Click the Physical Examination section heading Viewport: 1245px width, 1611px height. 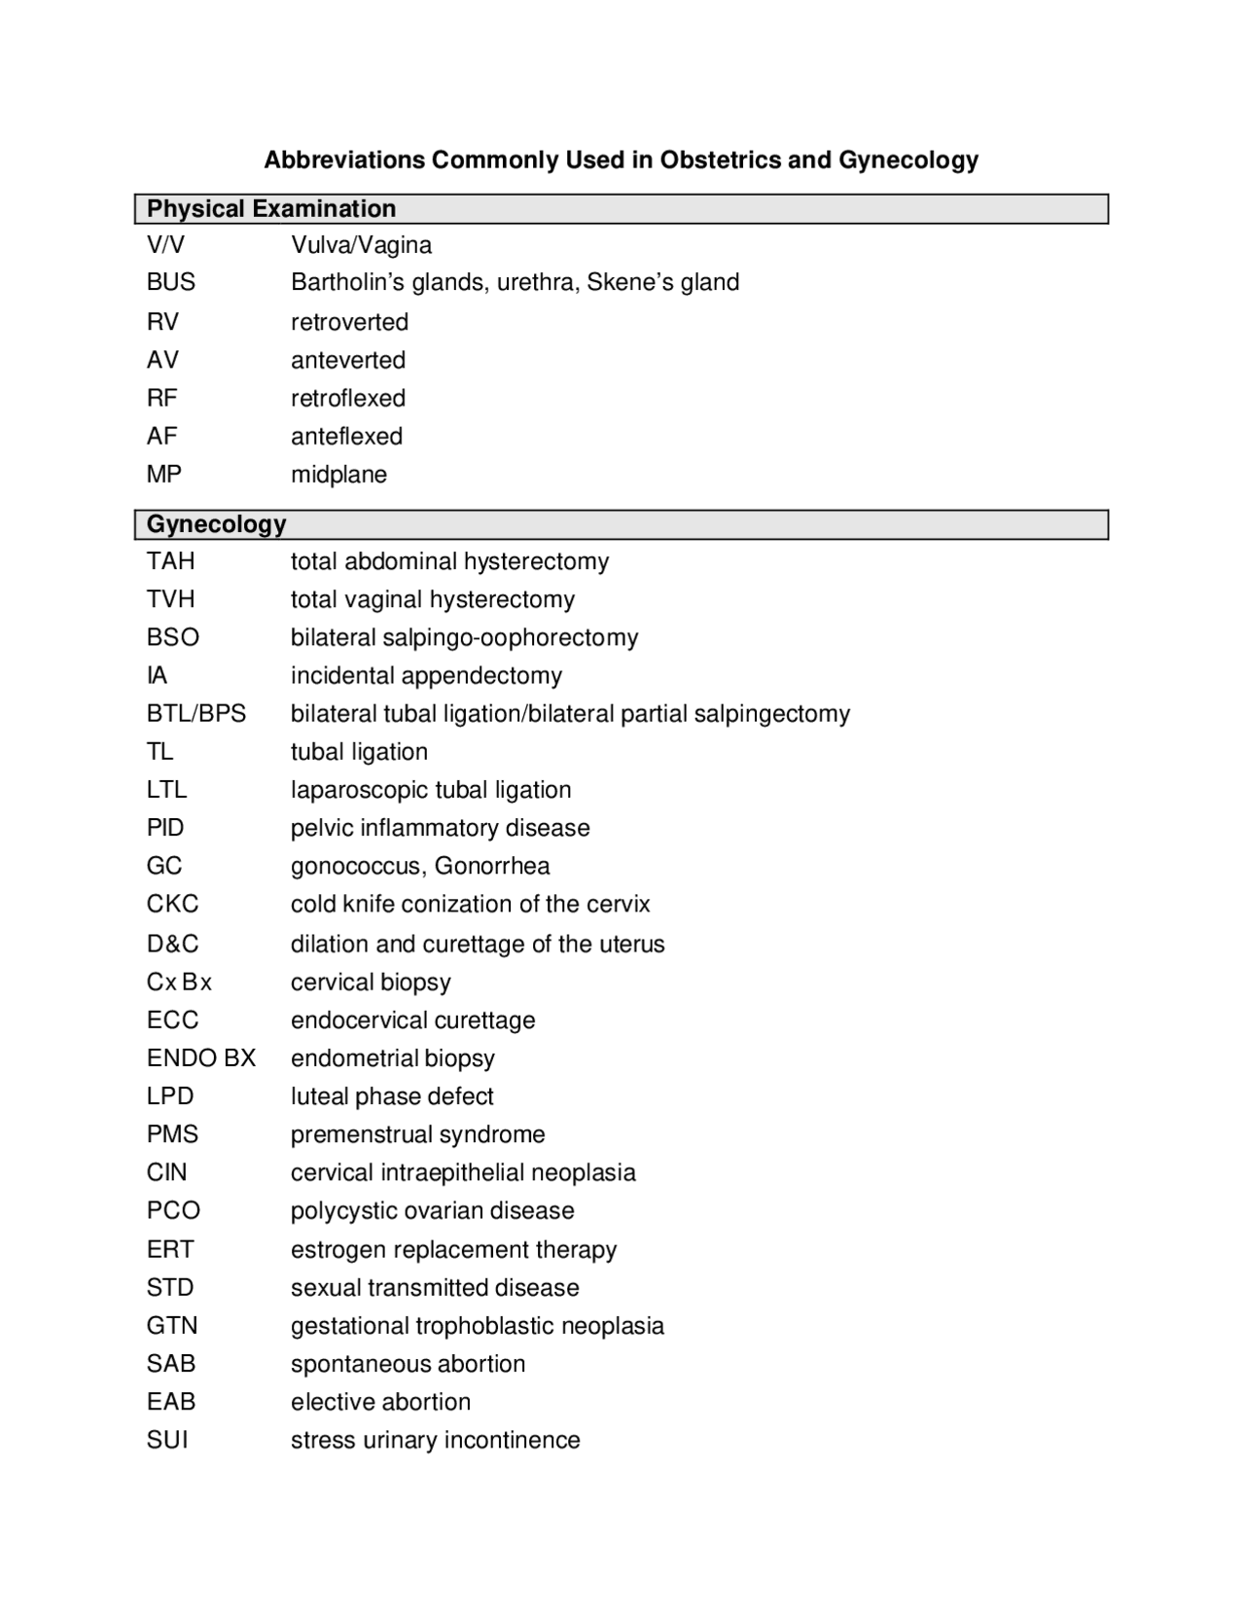271,209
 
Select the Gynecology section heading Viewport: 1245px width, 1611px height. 216,524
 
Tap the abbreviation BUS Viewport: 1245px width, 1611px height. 171,282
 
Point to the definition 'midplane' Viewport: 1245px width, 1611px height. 338,475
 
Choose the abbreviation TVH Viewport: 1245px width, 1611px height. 171,599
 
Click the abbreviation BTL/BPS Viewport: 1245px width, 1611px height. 196,714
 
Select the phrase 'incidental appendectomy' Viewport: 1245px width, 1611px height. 426,676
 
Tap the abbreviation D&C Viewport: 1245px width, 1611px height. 173,944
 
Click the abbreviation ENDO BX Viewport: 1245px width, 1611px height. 201,1058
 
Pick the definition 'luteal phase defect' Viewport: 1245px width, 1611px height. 392,1096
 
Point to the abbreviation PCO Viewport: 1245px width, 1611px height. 173,1211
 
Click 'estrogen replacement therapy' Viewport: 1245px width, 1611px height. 453,1250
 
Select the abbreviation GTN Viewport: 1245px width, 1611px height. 172,1326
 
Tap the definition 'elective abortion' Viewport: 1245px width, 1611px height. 380,1402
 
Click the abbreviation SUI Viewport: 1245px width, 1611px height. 167,1440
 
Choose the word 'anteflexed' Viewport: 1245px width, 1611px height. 346,437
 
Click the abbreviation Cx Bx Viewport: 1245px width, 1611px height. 179,983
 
